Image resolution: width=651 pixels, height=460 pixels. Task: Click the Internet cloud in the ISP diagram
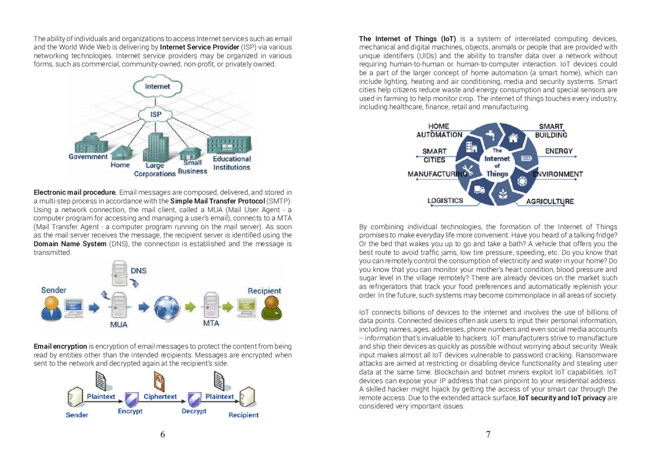(x=157, y=87)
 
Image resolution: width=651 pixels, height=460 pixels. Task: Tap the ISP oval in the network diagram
(x=156, y=114)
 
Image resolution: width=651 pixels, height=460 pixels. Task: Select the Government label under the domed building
(x=88, y=157)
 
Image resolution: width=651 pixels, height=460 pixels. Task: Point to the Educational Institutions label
(x=232, y=163)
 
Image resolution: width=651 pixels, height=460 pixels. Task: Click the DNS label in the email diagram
(x=138, y=270)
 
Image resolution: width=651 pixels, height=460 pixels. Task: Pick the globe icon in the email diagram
(x=167, y=308)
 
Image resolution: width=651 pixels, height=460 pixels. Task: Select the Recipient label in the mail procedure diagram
(x=264, y=291)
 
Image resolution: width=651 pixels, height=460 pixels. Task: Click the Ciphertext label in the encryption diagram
(x=160, y=397)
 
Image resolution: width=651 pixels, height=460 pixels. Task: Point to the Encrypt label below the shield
(x=130, y=411)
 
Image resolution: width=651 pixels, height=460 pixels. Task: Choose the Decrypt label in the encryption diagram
(x=194, y=411)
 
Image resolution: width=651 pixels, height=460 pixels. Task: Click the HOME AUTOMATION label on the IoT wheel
(x=439, y=130)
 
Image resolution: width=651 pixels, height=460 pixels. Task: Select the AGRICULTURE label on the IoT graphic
(x=550, y=201)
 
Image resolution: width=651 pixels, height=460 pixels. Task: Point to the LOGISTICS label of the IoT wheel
(x=445, y=200)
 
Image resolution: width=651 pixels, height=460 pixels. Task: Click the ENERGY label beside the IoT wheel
(x=559, y=151)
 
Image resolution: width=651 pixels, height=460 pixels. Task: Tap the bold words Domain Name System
(x=70, y=244)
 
